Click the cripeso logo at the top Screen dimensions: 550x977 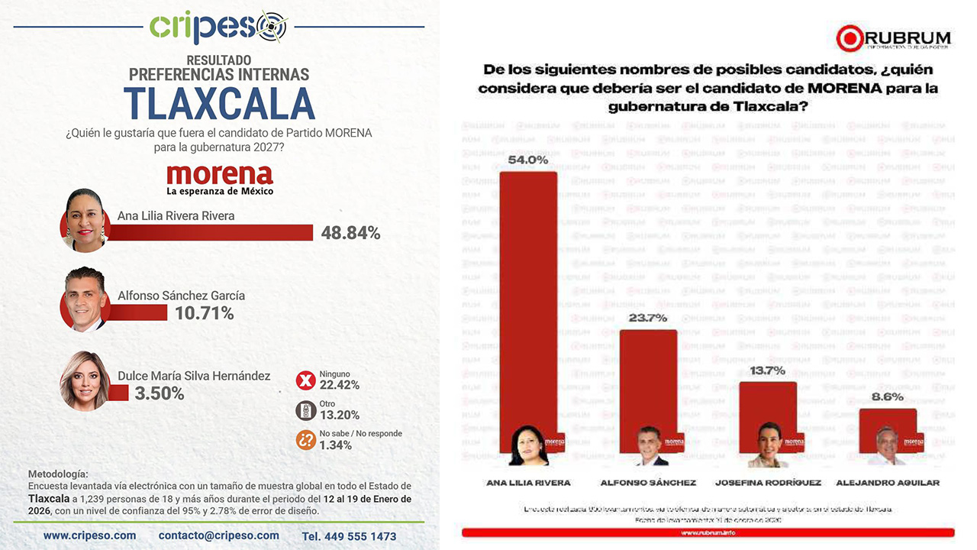click(218, 27)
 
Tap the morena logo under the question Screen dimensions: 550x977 click(219, 179)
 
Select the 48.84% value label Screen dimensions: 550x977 click(350, 233)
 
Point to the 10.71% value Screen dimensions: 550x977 click(205, 312)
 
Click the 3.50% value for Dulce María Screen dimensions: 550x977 click(160, 393)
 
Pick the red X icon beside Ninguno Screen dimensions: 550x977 click(306, 380)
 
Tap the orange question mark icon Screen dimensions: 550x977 click(306, 439)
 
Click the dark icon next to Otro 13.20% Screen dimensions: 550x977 click(306, 410)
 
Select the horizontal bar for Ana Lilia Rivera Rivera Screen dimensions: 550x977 click(211, 232)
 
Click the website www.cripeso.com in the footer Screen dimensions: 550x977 click(89, 535)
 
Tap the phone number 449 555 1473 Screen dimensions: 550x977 click(349, 536)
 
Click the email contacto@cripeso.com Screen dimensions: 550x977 click(219, 535)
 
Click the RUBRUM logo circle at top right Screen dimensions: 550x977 click(849, 38)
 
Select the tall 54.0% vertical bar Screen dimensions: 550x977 click(528, 306)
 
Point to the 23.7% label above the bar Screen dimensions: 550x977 click(648, 318)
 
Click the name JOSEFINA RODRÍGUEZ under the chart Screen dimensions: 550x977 click(768, 483)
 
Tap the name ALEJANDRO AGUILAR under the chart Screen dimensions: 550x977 click(888, 483)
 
